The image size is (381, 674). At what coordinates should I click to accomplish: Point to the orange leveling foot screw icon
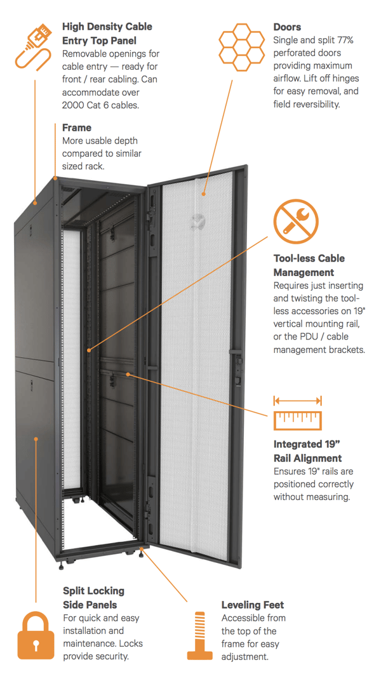pos(199,635)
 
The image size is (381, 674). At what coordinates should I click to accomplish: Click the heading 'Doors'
pos(287,27)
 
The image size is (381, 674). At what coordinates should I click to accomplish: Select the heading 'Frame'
pos(77,128)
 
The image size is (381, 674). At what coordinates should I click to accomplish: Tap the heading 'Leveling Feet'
pos(252,605)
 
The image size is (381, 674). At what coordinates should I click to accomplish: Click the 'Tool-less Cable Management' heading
pos(309,265)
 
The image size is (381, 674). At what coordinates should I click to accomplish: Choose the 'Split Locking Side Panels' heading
pos(93,597)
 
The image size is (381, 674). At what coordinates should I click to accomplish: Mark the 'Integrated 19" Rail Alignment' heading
pos(307,451)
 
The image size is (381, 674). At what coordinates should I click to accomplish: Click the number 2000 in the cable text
pos(74,105)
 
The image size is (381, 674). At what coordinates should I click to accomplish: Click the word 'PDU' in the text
pos(316,336)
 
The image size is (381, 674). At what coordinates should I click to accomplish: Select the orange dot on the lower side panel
pos(36,438)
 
